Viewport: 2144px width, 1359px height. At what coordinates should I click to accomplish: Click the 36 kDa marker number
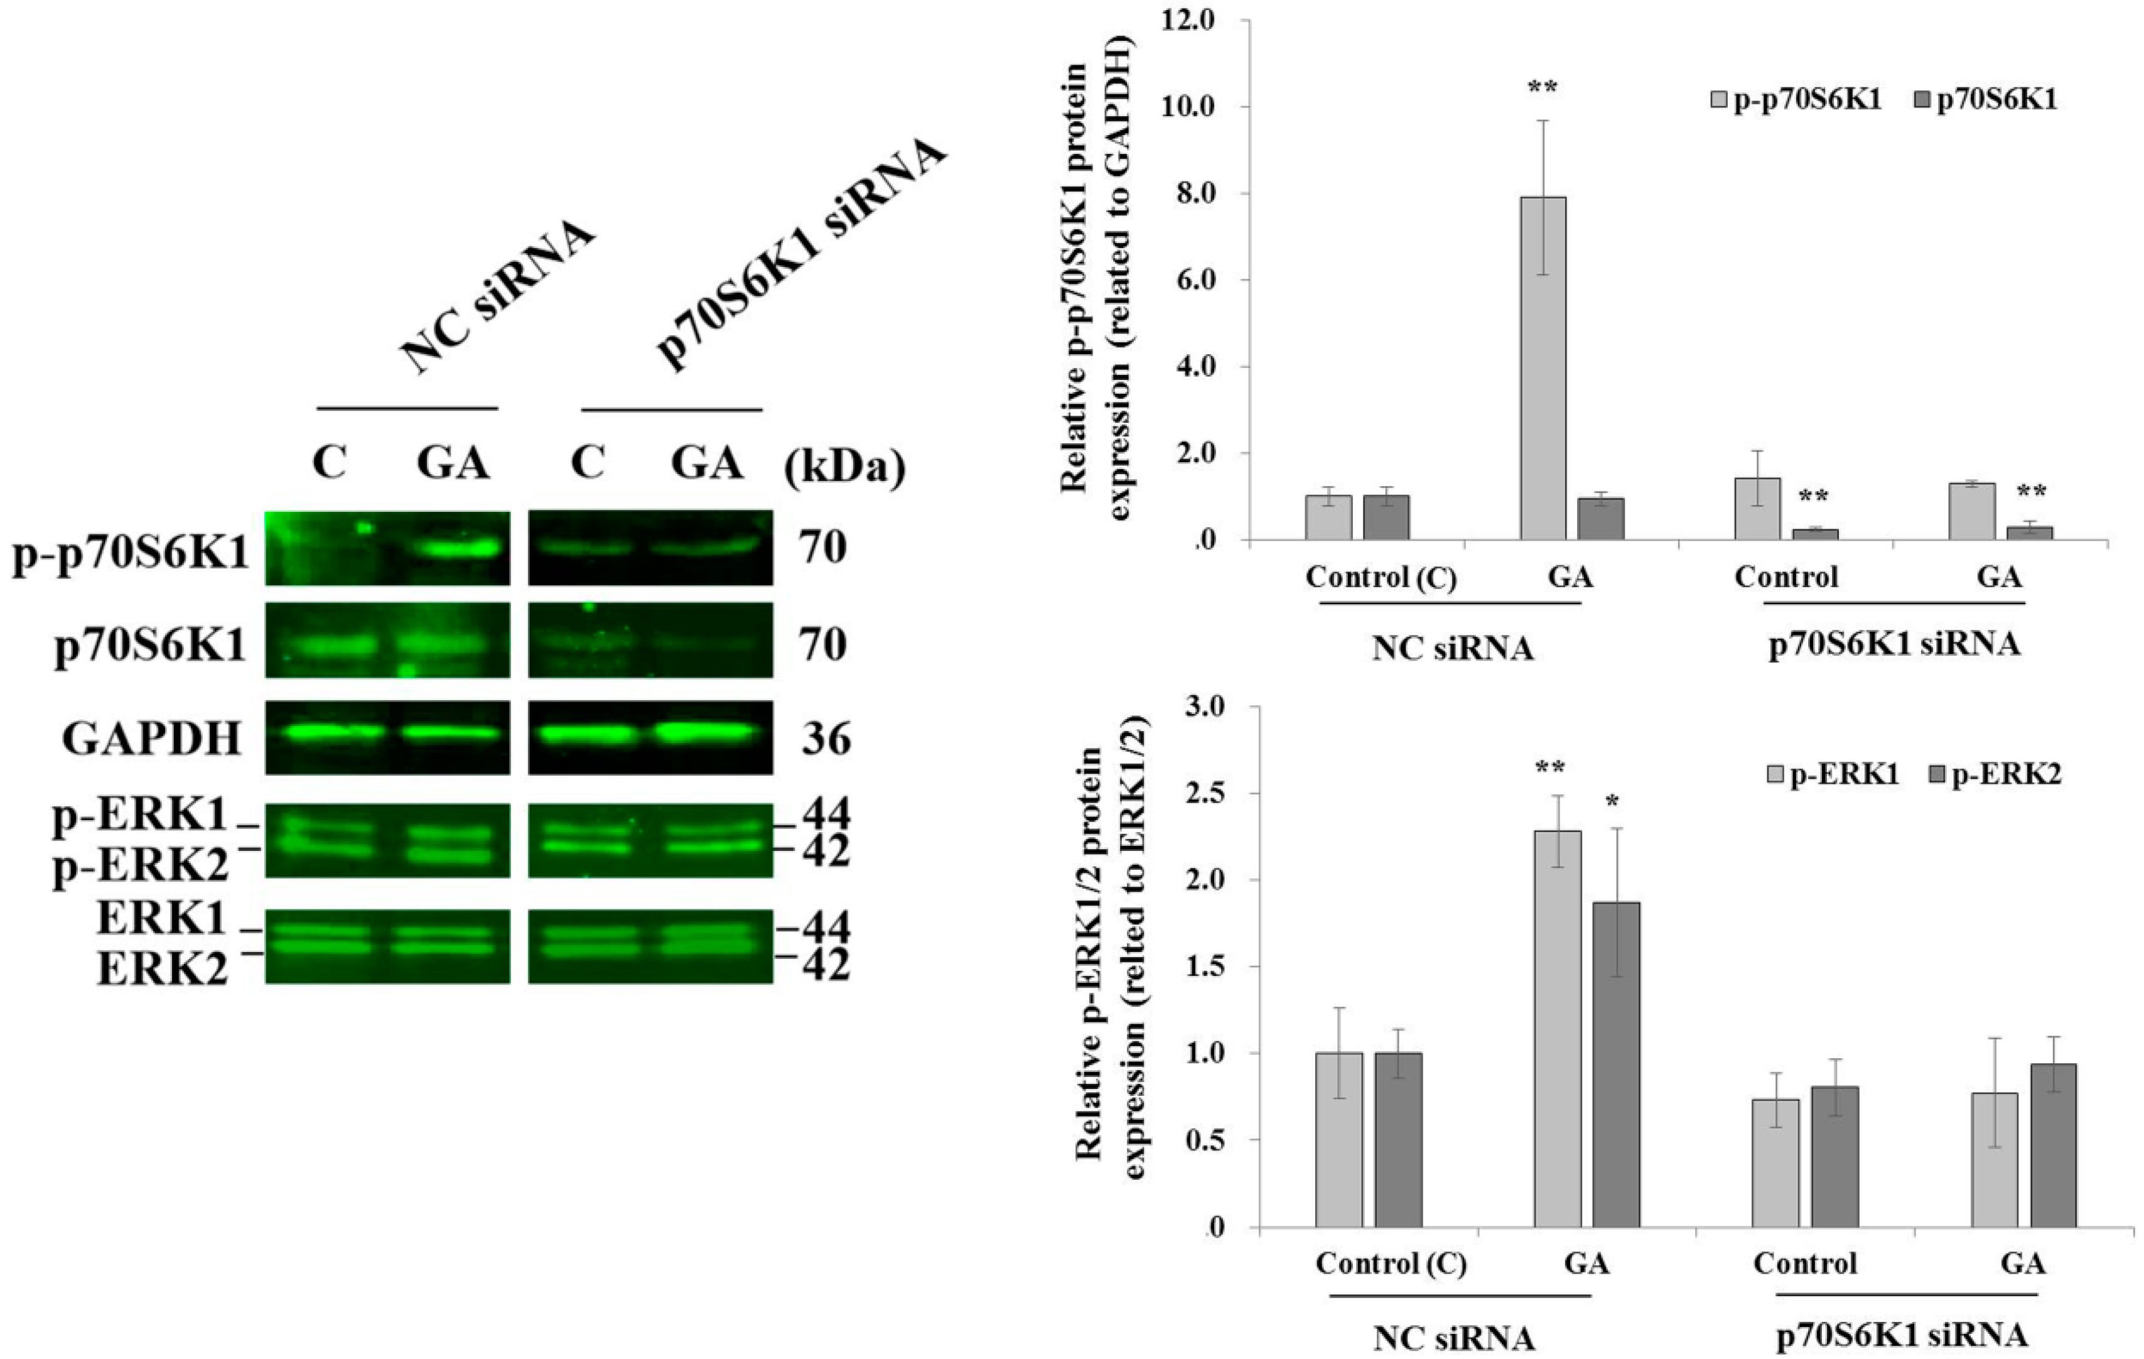pyautogui.click(x=826, y=739)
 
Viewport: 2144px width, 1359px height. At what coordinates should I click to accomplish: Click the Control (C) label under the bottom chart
pyautogui.click(x=1391, y=1263)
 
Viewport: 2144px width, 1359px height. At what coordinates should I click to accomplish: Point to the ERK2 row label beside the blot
pyautogui.click(x=161, y=968)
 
